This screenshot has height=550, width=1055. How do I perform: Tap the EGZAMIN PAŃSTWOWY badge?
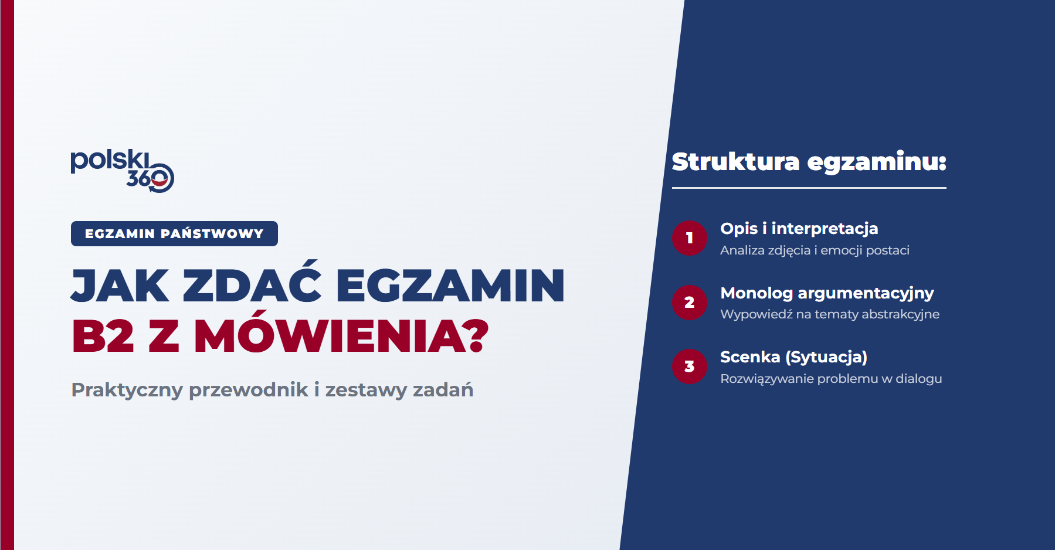pyautogui.click(x=174, y=233)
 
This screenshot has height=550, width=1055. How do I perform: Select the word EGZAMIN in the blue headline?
pyautogui.click(x=450, y=286)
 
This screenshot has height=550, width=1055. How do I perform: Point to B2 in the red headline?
pyautogui.click(x=103, y=337)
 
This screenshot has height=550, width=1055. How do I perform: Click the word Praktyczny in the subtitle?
pyautogui.click(x=127, y=390)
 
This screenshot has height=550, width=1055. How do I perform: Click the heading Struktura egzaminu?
pyautogui.click(x=809, y=162)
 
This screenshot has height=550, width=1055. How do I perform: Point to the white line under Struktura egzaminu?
pyautogui.click(x=809, y=188)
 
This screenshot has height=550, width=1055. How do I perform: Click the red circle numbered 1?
pyautogui.click(x=690, y=238)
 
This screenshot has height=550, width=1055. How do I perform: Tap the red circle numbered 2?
pyautogui.click(x=690, y=303)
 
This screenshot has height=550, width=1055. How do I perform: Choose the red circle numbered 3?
pyautogui.click(x=690, y=366)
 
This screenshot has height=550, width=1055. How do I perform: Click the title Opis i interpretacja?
pyautogui.click(x=799, y=229)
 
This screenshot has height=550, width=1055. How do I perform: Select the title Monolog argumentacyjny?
pyautogui.click(x=827, y=293)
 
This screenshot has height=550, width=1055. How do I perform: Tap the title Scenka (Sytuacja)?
pyautogui.click(x=793, y=357)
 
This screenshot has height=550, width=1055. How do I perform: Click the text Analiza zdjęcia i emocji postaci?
pyautogui.click(x=815, y=250)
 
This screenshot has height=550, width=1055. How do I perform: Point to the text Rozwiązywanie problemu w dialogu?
pyautogui.click(x=831, y=379)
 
